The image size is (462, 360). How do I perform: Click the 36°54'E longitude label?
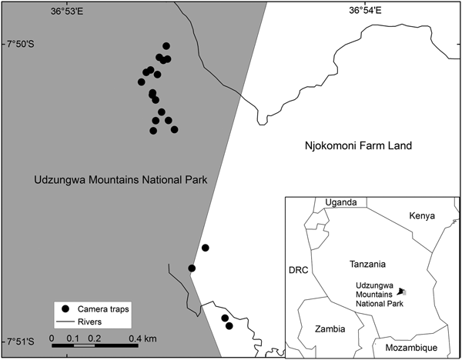pos(365,10)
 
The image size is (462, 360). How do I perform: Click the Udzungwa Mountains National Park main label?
pos(121,180)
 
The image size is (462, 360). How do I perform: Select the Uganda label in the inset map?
pos(341,202)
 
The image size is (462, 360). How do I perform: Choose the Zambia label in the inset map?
pos(330,328)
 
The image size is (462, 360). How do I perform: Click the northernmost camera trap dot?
pos(166,46)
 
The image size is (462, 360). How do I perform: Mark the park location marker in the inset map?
pos(401,292)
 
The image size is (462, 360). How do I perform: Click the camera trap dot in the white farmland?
pos(206,248)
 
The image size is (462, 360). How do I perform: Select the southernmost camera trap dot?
pos(229,326)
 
